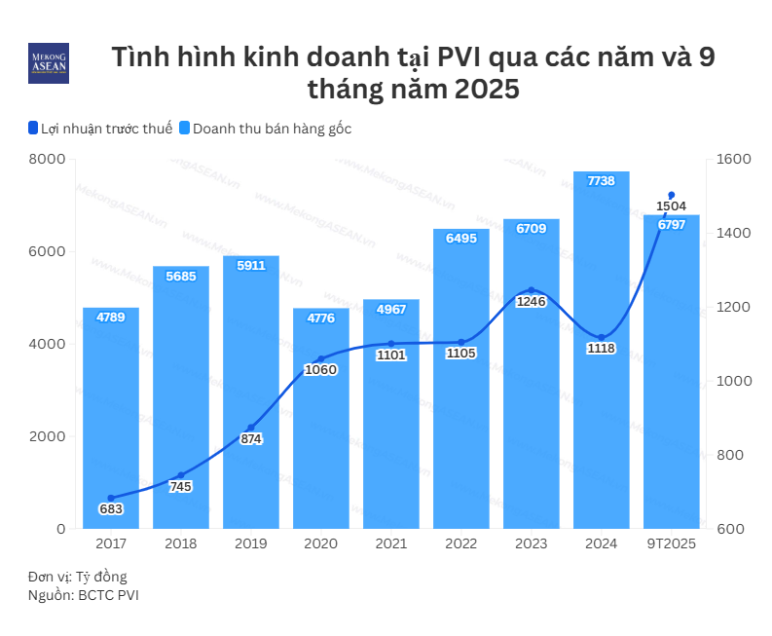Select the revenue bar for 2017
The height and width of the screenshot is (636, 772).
111,419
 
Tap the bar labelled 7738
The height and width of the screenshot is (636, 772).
601,351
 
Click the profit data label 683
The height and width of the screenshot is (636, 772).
111,508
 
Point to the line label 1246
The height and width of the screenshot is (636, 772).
532,302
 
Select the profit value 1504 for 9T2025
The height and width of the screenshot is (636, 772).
672,206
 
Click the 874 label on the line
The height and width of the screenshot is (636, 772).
251,439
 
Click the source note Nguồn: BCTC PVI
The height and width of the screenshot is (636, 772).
83,595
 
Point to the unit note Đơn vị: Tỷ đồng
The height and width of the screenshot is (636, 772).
77,577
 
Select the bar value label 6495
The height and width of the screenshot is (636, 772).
461,238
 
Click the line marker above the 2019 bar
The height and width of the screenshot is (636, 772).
251,428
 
